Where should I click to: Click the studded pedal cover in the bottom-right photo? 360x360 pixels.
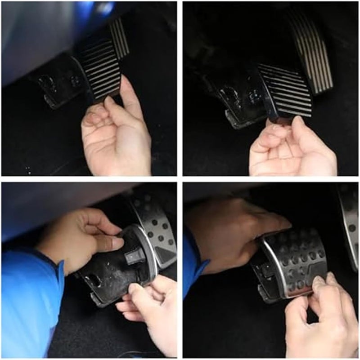pyautogui.click(x=295, y=265)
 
